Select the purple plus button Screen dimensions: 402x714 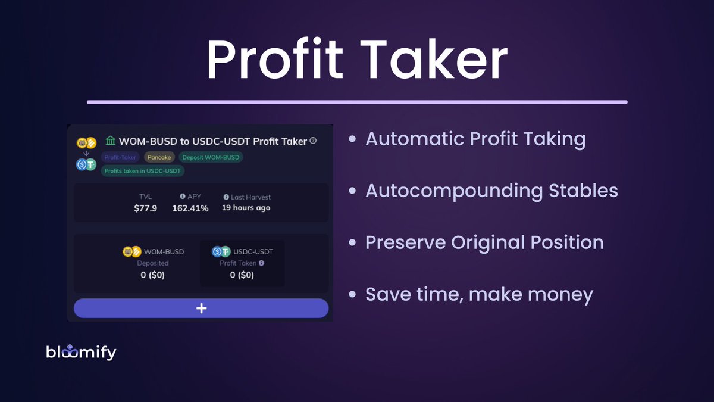(201, 308)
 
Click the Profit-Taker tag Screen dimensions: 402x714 (120, 157)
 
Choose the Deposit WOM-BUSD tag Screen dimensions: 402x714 (211, 157)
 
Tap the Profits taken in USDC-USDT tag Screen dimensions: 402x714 (143, 171)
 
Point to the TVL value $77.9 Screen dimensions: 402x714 (145, 208)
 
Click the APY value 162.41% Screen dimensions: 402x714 (190, 208)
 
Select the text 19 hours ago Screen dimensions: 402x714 (246, 208)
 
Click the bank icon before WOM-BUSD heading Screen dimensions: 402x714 (110, 141)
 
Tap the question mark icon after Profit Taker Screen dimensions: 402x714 (314, 141)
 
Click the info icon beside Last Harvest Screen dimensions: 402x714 (226, 197)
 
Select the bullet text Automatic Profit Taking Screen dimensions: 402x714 (475, 139)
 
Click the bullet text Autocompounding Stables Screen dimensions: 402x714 (491, 191)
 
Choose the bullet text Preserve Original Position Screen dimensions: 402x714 (484, 242)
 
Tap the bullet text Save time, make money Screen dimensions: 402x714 (479, 294)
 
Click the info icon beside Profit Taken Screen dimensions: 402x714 (261, 263)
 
